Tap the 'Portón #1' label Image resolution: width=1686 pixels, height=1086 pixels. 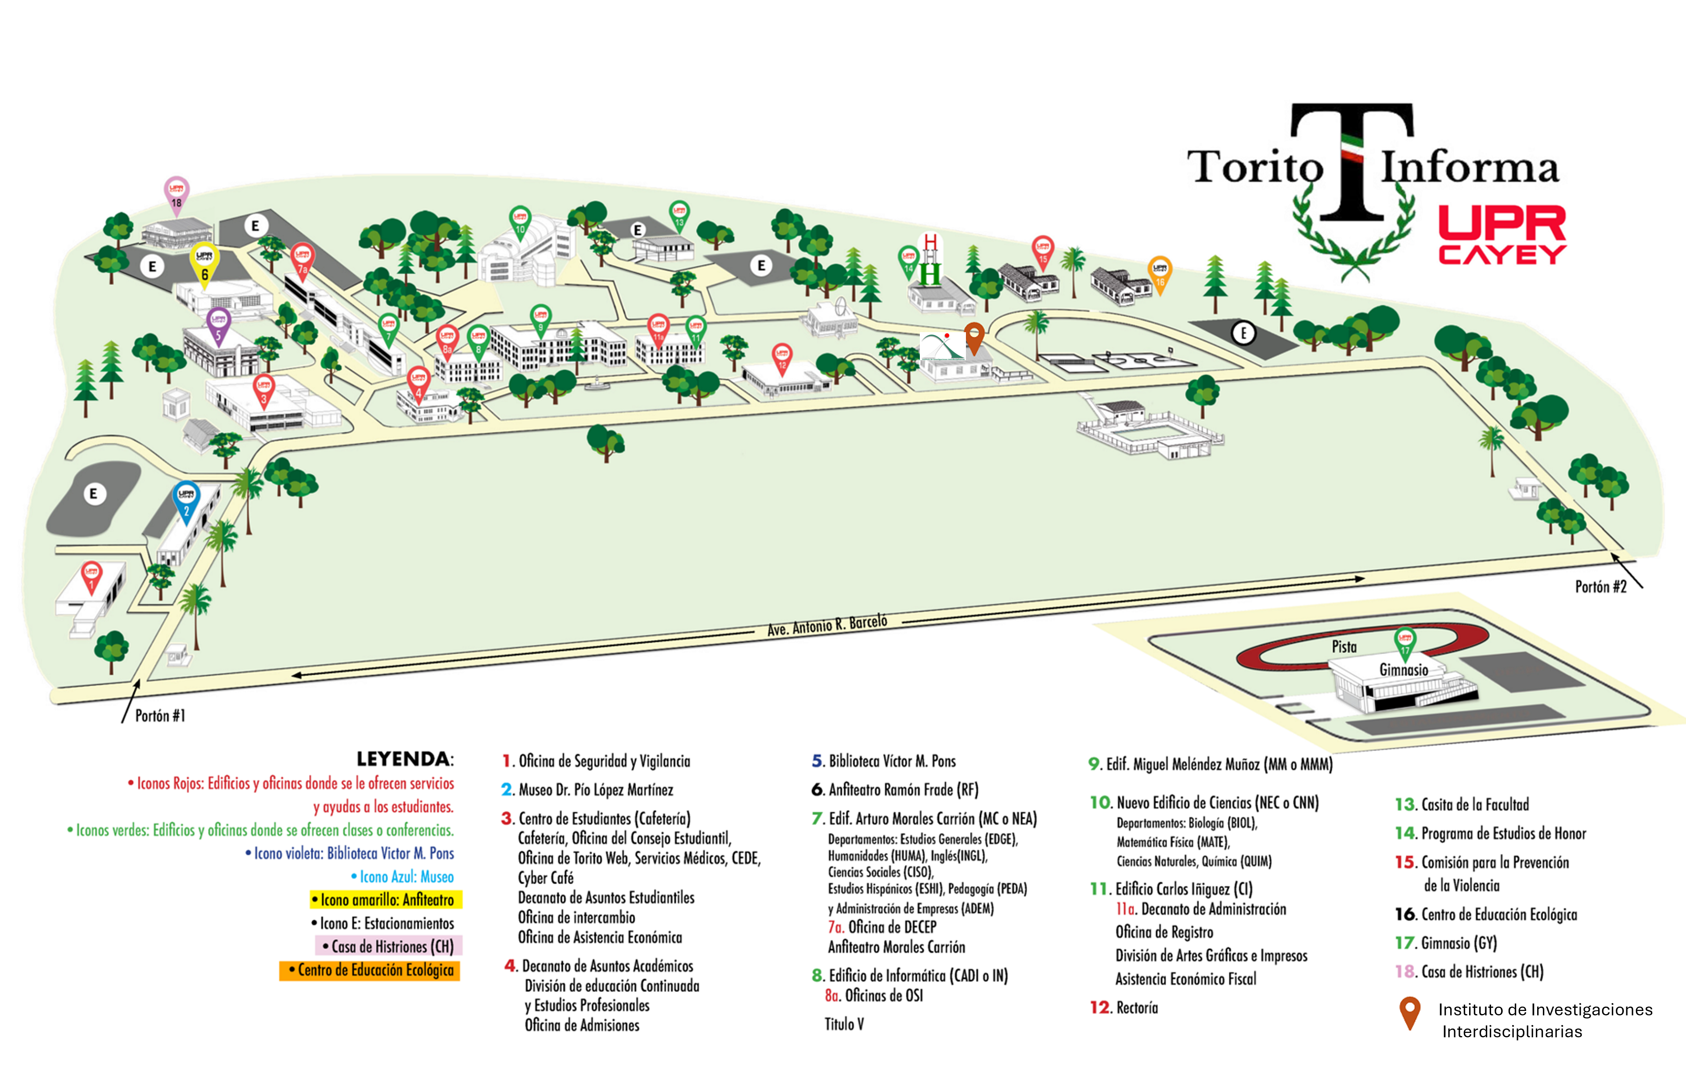(160, 716)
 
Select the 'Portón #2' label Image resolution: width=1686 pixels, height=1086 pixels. (1600, 587)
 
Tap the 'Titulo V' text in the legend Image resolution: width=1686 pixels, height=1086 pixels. (844, 1024)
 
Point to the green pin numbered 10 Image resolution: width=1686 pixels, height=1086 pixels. (520, 222)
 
